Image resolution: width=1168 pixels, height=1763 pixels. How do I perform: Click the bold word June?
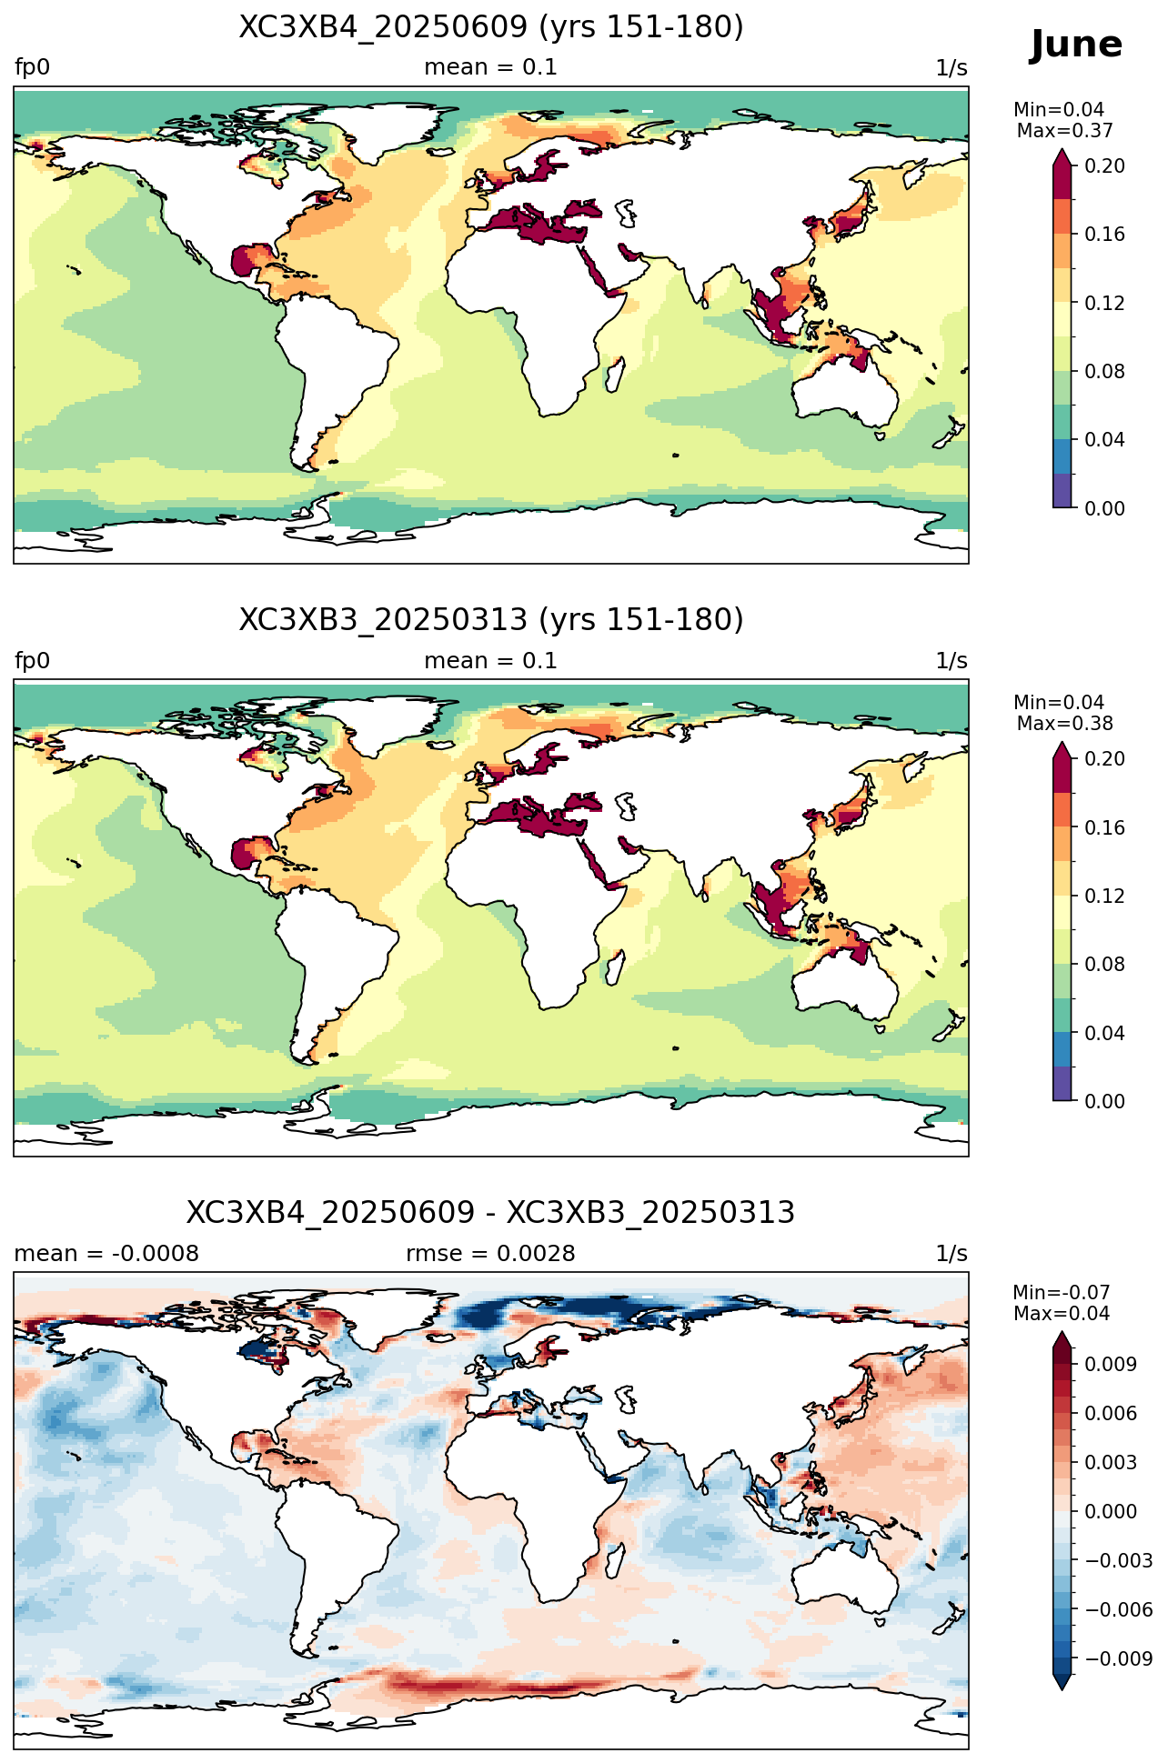[x=1076, y=45]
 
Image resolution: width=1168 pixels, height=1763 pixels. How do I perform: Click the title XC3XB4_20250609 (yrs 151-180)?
[x=491, y=27]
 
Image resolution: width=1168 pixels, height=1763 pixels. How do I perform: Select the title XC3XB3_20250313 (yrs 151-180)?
[x=491, y=620]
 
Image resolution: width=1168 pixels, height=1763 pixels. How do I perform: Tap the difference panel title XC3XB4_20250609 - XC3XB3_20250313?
[x=491, y=1213]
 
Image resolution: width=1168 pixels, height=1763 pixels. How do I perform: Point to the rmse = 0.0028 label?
[x=491, y=1254]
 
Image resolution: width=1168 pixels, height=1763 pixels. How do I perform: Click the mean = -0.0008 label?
[x=106, y=1254]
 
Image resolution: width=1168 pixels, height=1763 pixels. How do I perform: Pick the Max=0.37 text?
[x=1064, y=131]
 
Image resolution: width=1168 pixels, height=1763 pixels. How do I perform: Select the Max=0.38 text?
[x=1064, y=724]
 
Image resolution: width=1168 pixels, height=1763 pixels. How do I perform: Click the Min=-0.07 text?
[x=1062, y=1293]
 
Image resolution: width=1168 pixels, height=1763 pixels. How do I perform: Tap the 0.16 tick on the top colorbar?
[x=1104, y=235]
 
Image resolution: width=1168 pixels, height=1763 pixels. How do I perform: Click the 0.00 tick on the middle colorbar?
[x=1104, y=1101]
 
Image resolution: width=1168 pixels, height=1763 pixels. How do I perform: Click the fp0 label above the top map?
[x=33, y=68]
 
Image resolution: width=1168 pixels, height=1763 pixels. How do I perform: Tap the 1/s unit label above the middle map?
[x=952, y=661]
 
